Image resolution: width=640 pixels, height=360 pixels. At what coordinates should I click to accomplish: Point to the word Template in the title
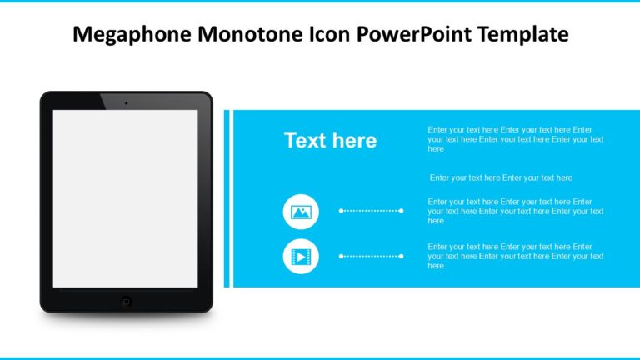522,34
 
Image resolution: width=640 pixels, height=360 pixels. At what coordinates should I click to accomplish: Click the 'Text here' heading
330,141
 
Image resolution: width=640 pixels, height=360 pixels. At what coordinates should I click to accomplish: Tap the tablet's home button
126,300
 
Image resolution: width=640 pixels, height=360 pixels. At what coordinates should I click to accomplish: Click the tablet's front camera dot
126,102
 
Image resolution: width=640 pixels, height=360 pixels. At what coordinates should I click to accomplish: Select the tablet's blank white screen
125,198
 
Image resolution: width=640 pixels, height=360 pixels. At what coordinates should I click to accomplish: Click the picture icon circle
301,212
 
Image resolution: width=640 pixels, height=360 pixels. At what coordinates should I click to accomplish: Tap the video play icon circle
301,257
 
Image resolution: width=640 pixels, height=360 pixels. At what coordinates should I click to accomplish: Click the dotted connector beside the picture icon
371,211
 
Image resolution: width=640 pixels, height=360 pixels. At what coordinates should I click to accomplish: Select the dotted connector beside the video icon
371,256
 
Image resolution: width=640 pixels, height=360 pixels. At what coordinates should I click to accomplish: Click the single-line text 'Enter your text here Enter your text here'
501,177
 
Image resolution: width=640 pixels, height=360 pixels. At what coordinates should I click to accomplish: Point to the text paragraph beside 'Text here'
515,139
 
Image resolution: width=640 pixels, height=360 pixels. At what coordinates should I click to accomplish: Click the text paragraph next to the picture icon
515,211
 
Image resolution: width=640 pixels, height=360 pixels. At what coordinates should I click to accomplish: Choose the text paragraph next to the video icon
515,256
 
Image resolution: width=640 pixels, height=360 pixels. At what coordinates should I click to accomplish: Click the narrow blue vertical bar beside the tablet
227,198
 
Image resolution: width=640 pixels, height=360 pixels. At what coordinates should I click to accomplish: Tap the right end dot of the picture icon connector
402,211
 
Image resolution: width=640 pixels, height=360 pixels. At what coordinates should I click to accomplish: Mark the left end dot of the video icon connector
341,256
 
